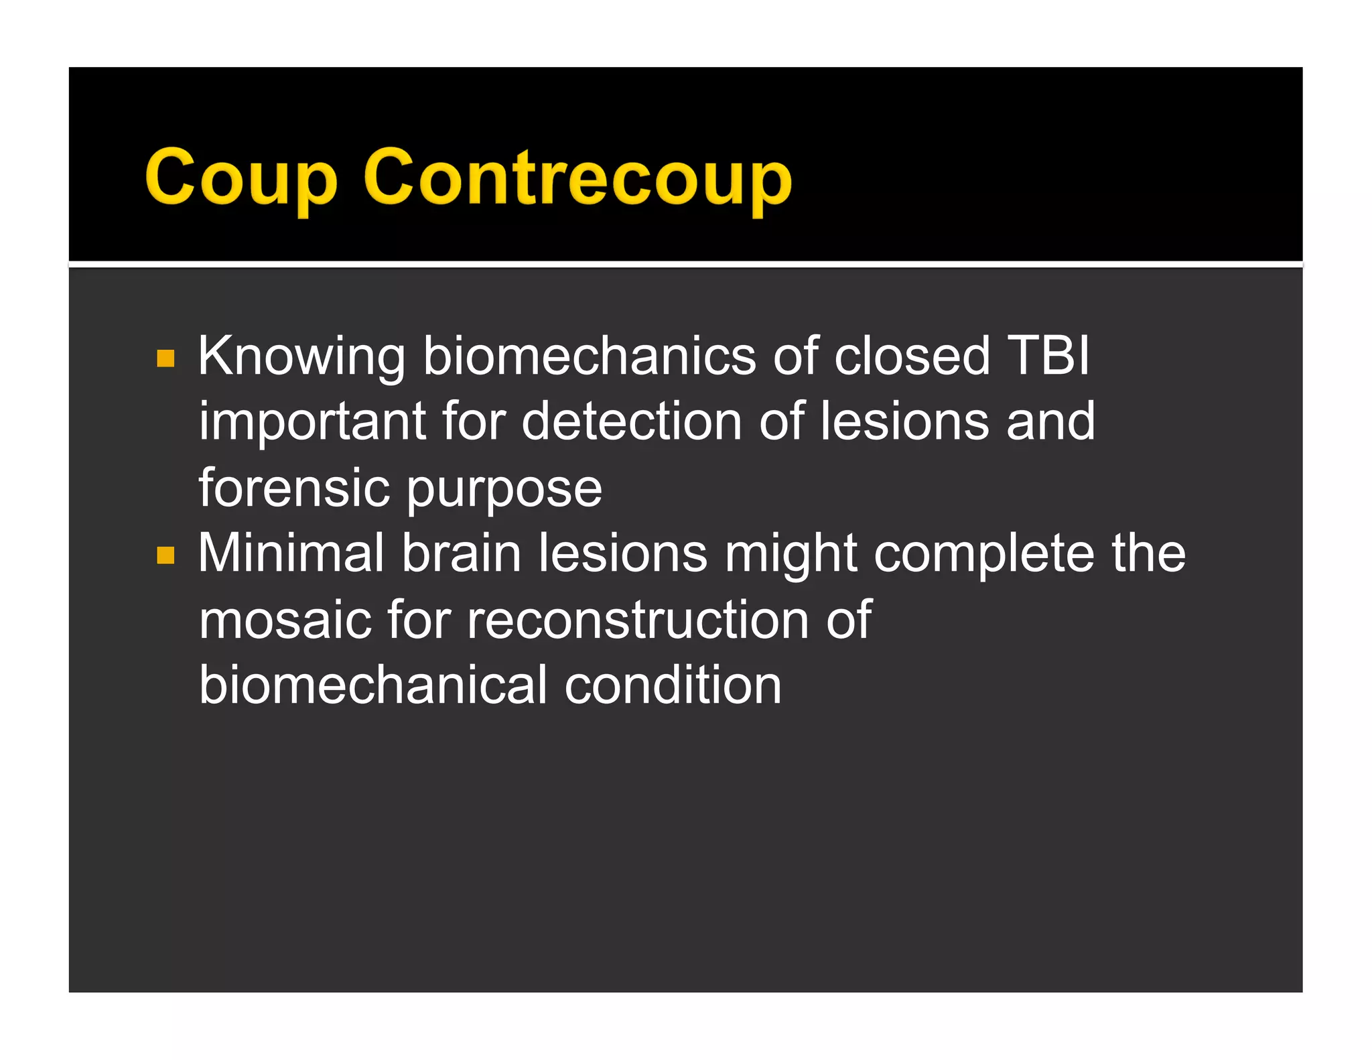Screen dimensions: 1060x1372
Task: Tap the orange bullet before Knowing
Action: pos(165,358)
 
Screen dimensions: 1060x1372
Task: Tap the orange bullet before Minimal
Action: pos(165,555)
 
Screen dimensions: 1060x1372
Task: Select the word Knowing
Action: pos(301,356)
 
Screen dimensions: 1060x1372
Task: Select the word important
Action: pos(312,422)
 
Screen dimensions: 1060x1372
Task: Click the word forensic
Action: pos(294,487)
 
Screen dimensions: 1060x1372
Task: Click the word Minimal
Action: pos(291,553)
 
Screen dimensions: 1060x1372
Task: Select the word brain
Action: pos(462,553)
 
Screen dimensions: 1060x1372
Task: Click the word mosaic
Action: pos(285,620)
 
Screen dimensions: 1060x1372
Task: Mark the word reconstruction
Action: pos(638,620)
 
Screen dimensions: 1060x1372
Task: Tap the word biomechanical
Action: pos(373,685)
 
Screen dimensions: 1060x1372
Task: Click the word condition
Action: pos(673,685)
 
